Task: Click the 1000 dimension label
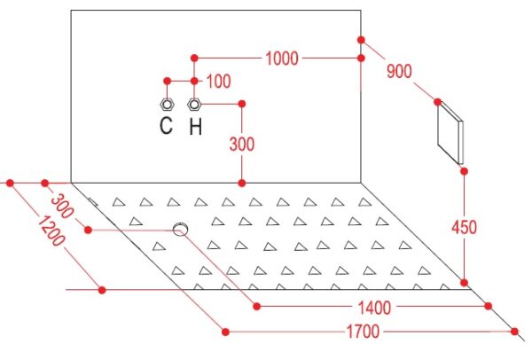(280, 59)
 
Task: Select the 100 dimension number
(218, 82)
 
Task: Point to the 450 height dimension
(463, 227)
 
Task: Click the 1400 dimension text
(372, 307)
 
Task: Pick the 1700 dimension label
(364, 333)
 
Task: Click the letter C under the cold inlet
(166, 126)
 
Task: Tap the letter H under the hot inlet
(195, 126)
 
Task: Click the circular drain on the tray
(181, 230)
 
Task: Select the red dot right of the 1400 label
(488, 306)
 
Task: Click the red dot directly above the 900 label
(362, 40)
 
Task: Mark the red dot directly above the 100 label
(194, 59)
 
